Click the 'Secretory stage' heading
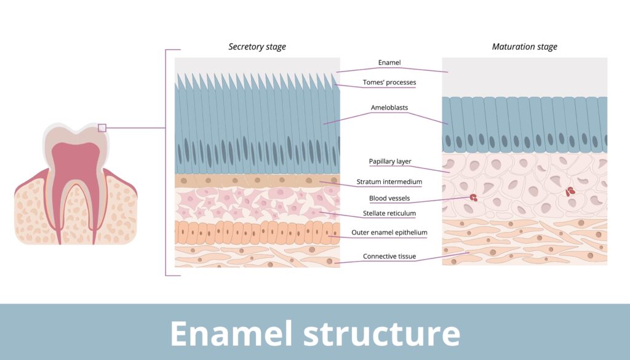point(257,47)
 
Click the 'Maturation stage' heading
point(524,47)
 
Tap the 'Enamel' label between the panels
point(389,63)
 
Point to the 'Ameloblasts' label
point(389,108)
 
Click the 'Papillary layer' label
point(390,161)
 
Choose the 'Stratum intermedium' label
point(389,182)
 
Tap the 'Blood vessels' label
point(389,198)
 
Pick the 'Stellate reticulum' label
point(389,214)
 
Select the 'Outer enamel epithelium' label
point(389,233)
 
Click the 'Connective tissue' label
point(389,256)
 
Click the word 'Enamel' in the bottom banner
point(229,333)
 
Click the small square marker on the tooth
point(102,128)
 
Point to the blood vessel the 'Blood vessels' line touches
point(473,198)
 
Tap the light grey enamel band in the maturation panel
point(524,77)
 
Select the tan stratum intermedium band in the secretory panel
point(257,181)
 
